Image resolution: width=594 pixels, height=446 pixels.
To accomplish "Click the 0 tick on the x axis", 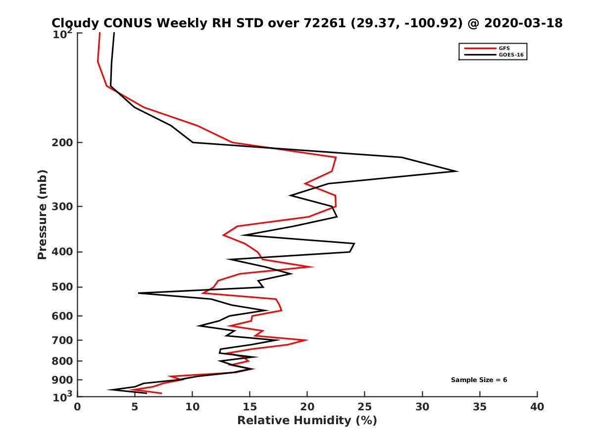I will pos(78,407).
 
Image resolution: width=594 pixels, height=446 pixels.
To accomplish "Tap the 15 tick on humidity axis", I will pos(250,407).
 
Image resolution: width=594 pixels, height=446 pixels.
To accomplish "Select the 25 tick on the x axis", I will pos(365,407).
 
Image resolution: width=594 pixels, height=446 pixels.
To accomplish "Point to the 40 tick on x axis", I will pos(537,407).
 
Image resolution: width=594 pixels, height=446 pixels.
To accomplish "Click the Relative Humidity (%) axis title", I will pos(307,421).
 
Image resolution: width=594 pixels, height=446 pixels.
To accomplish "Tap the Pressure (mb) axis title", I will pos(42,214).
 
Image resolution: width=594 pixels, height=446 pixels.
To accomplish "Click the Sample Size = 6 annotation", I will pos(479,380).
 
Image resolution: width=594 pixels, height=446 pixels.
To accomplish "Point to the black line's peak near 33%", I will pos(457,171).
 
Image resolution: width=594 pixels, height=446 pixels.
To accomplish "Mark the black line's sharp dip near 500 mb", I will pos(139,293).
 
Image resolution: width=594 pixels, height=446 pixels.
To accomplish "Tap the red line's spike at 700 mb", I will pos(307,340).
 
